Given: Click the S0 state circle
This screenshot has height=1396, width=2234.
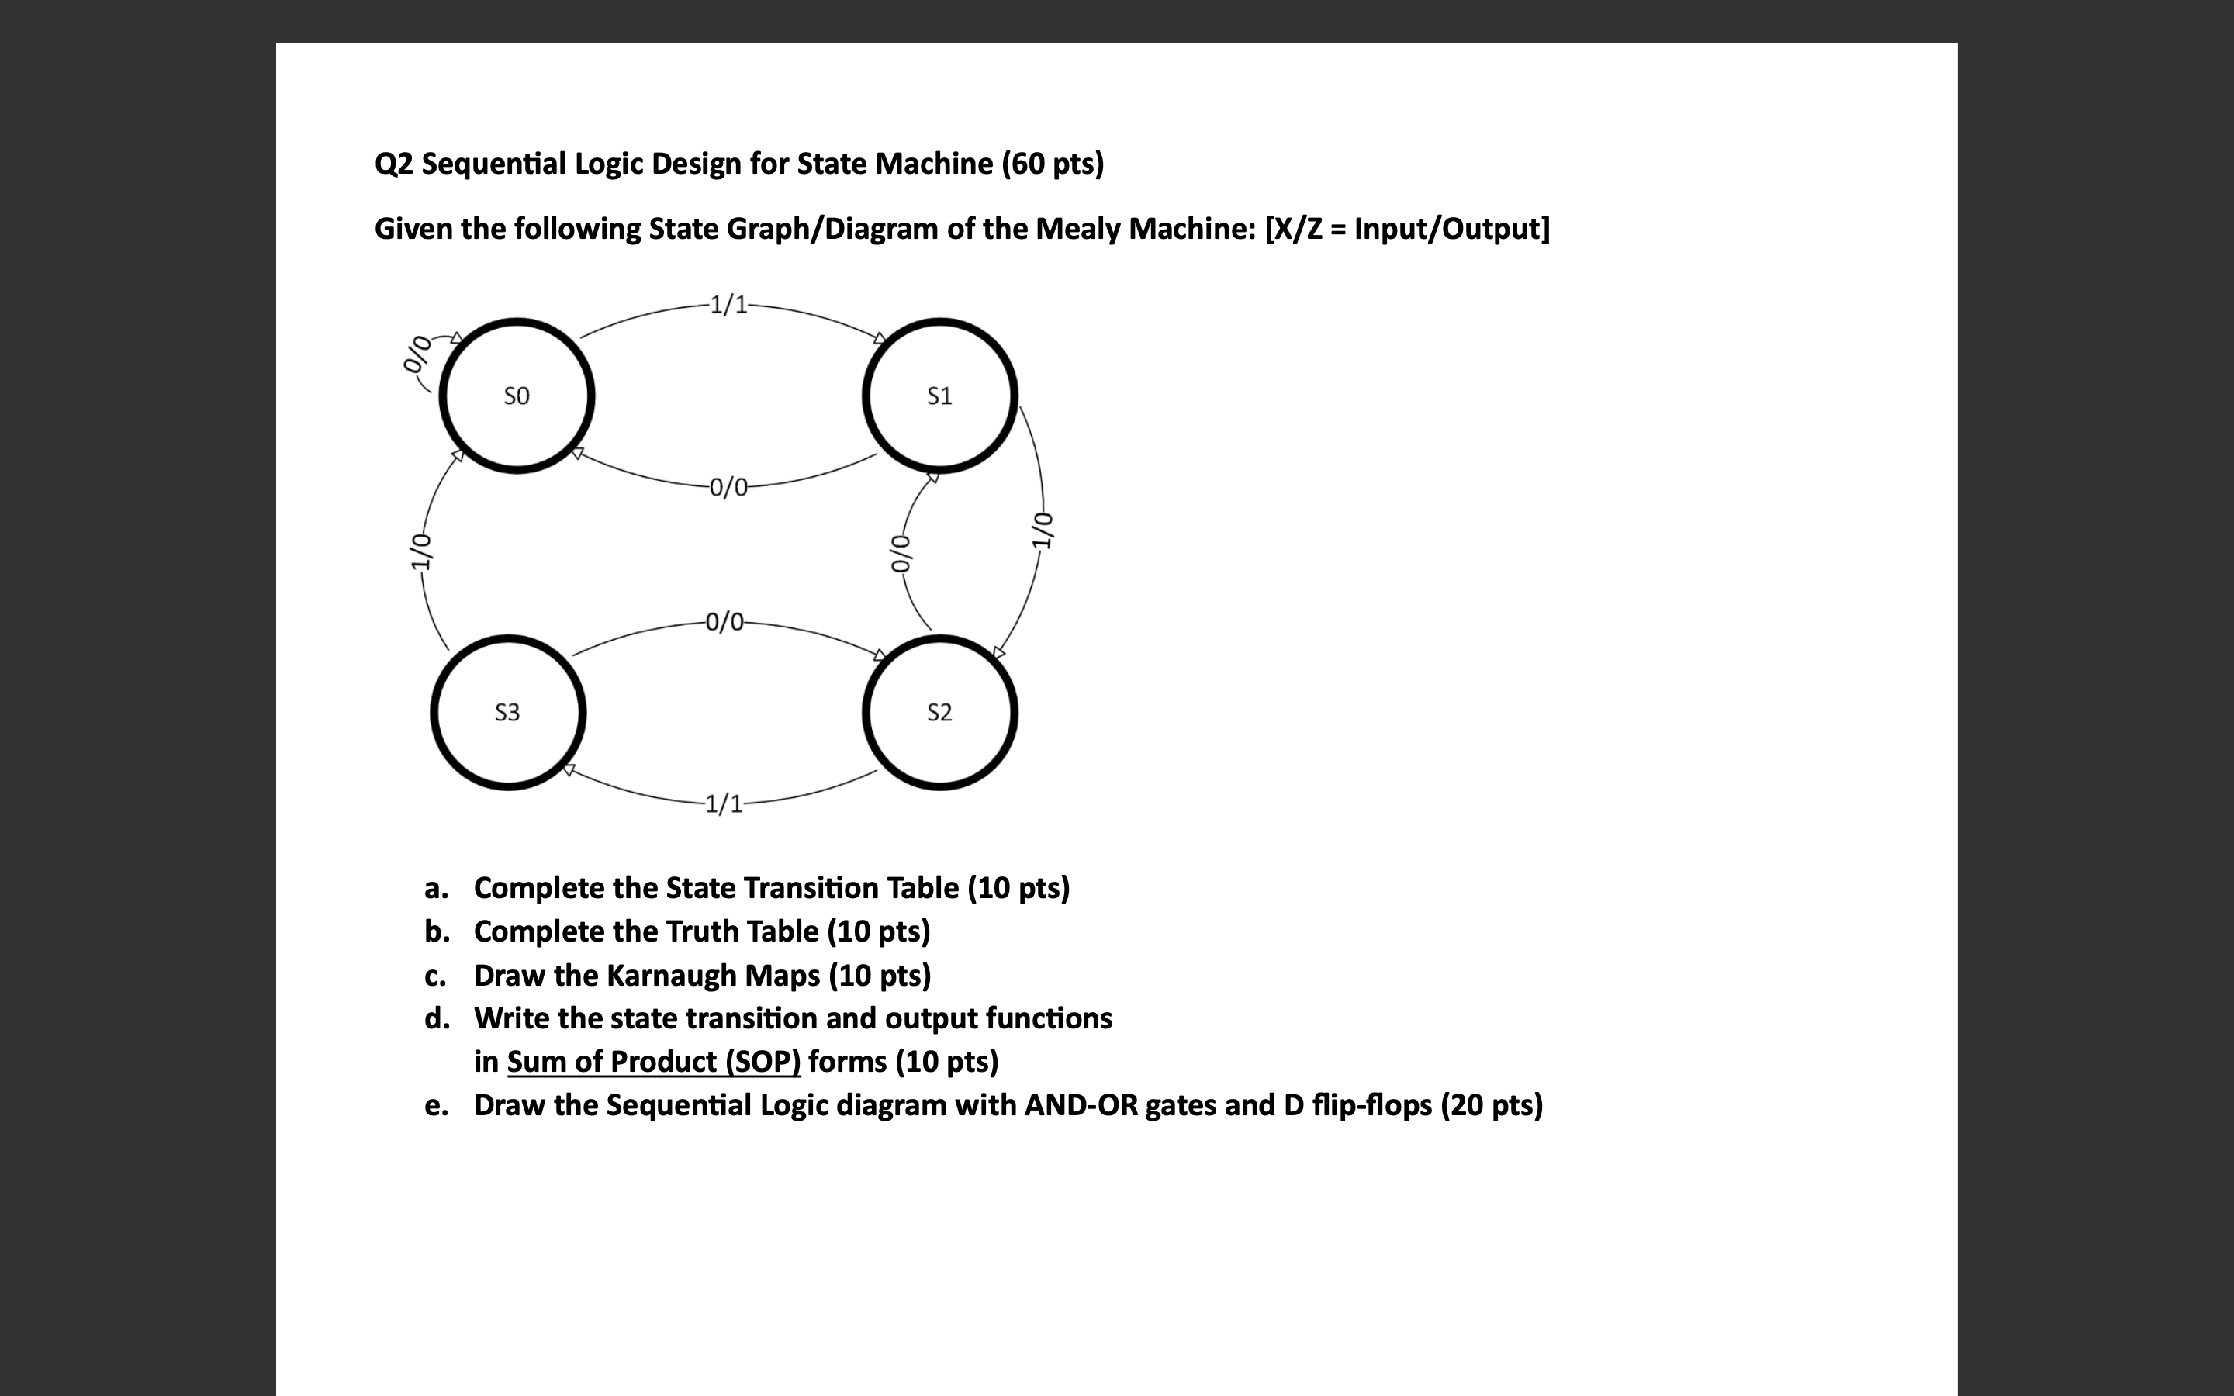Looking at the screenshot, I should (517, 396).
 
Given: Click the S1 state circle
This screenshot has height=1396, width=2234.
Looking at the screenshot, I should (940, 396).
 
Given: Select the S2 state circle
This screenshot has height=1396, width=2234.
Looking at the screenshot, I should (940, 712).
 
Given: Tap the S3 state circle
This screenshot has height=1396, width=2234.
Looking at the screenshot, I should (508, 712).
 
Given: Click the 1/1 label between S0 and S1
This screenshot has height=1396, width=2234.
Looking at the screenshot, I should (729, 305).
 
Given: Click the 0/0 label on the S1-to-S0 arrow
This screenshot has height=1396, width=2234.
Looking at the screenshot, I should (729, 486).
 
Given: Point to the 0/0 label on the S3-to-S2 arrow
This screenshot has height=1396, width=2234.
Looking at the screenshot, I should (725, 621).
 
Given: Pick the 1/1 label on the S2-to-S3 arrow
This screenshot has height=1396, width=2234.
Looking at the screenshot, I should (724, 804).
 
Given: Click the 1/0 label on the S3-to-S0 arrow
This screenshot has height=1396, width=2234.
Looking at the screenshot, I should (421, 552).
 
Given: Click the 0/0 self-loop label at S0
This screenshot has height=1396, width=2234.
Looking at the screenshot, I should (417, 354).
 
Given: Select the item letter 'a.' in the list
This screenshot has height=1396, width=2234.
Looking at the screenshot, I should (437, 888).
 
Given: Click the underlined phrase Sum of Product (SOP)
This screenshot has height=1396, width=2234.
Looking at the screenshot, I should (654, 1062).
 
